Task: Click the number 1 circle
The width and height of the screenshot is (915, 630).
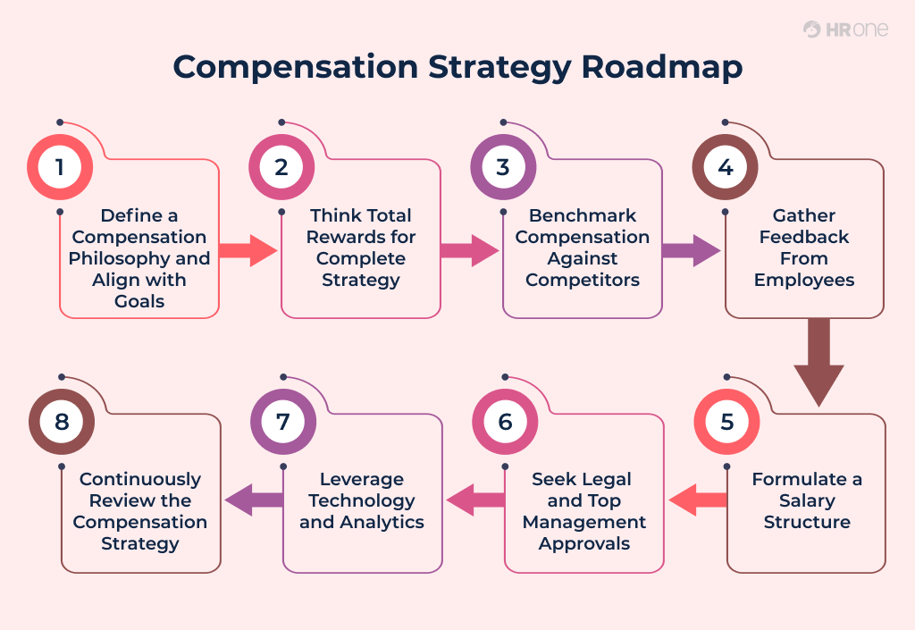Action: click(60, 167)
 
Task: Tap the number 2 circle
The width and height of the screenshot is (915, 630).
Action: click(281, 167)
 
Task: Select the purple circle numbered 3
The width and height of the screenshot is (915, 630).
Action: click(503, 167)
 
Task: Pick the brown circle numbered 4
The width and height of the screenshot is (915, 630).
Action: click(725, 167)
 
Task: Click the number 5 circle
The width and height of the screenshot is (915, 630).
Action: click(726, 421)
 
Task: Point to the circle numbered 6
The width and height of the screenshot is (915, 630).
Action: click(505, 421)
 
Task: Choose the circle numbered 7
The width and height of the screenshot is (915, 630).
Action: click(283, 421)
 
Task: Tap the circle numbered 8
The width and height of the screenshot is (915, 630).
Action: click(62, 421)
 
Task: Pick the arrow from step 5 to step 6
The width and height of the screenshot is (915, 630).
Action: click(698, 500)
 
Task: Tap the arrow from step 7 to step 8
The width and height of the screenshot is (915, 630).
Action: click(254, 500)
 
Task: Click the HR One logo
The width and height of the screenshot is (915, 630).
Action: click(844, 29)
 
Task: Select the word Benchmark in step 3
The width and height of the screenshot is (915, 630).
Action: click(582, 215)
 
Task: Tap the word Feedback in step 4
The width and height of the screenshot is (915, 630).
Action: click(804, 237)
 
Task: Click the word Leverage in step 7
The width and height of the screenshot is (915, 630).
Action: click(361, 479)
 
